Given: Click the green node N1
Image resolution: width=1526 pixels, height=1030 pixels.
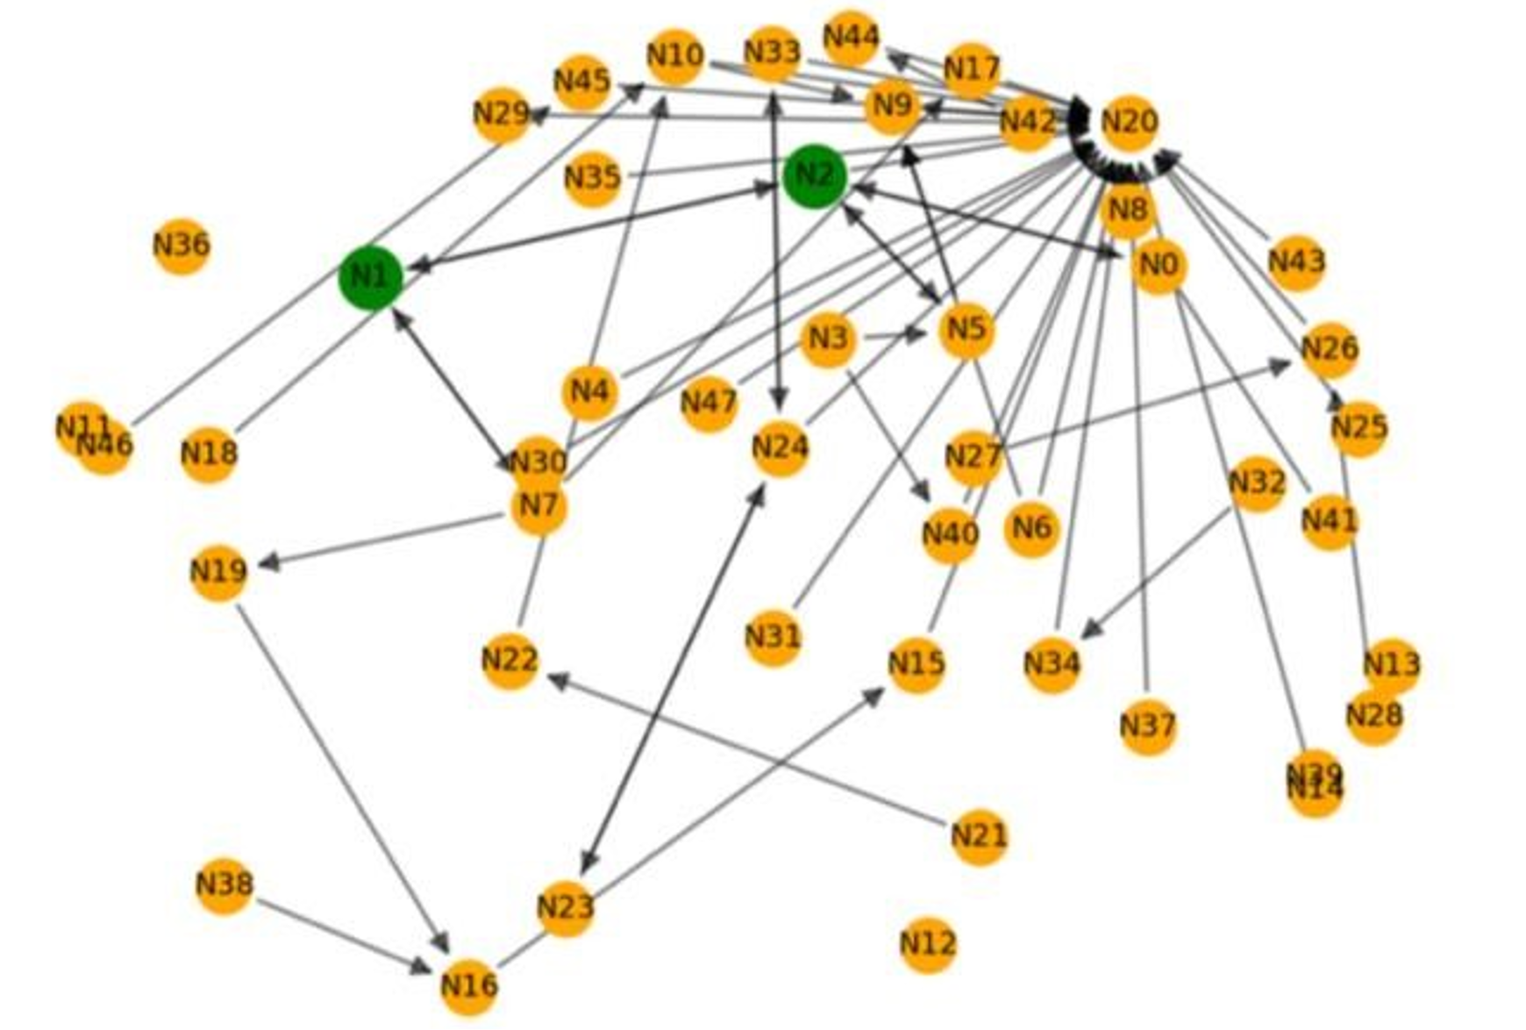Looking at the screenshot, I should (x=370, y=278).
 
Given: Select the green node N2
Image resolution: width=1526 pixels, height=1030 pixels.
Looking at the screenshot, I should (x=815, y=176).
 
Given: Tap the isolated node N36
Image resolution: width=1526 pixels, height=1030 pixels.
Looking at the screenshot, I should (x=182, y=245).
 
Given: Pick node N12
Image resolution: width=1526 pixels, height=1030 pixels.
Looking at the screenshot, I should (x=928, y=944).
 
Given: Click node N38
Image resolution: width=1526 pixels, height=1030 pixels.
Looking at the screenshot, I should (x=225, y=884).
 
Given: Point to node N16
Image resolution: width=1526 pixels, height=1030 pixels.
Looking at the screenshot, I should (x=469, y=985).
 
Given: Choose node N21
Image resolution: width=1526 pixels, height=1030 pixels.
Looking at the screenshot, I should (x=979, y=836).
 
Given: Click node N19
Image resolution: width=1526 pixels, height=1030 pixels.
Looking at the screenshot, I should (x=218, y=572).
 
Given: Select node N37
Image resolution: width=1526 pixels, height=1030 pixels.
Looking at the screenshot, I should (x=1148, y=726).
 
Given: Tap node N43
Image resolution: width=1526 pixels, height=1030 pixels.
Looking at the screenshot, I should (x=1296, y=261).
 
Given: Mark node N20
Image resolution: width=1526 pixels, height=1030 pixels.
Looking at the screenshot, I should (x=1129, y=122).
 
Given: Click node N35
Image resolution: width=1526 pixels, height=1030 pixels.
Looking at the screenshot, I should (x=592, y=178).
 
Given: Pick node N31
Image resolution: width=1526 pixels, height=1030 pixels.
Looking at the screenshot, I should (x=773, y=637).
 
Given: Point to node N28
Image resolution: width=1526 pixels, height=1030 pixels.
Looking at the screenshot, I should (x=1374, y=716).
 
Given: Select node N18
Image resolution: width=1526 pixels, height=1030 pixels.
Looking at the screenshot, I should (x=209, y=454).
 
